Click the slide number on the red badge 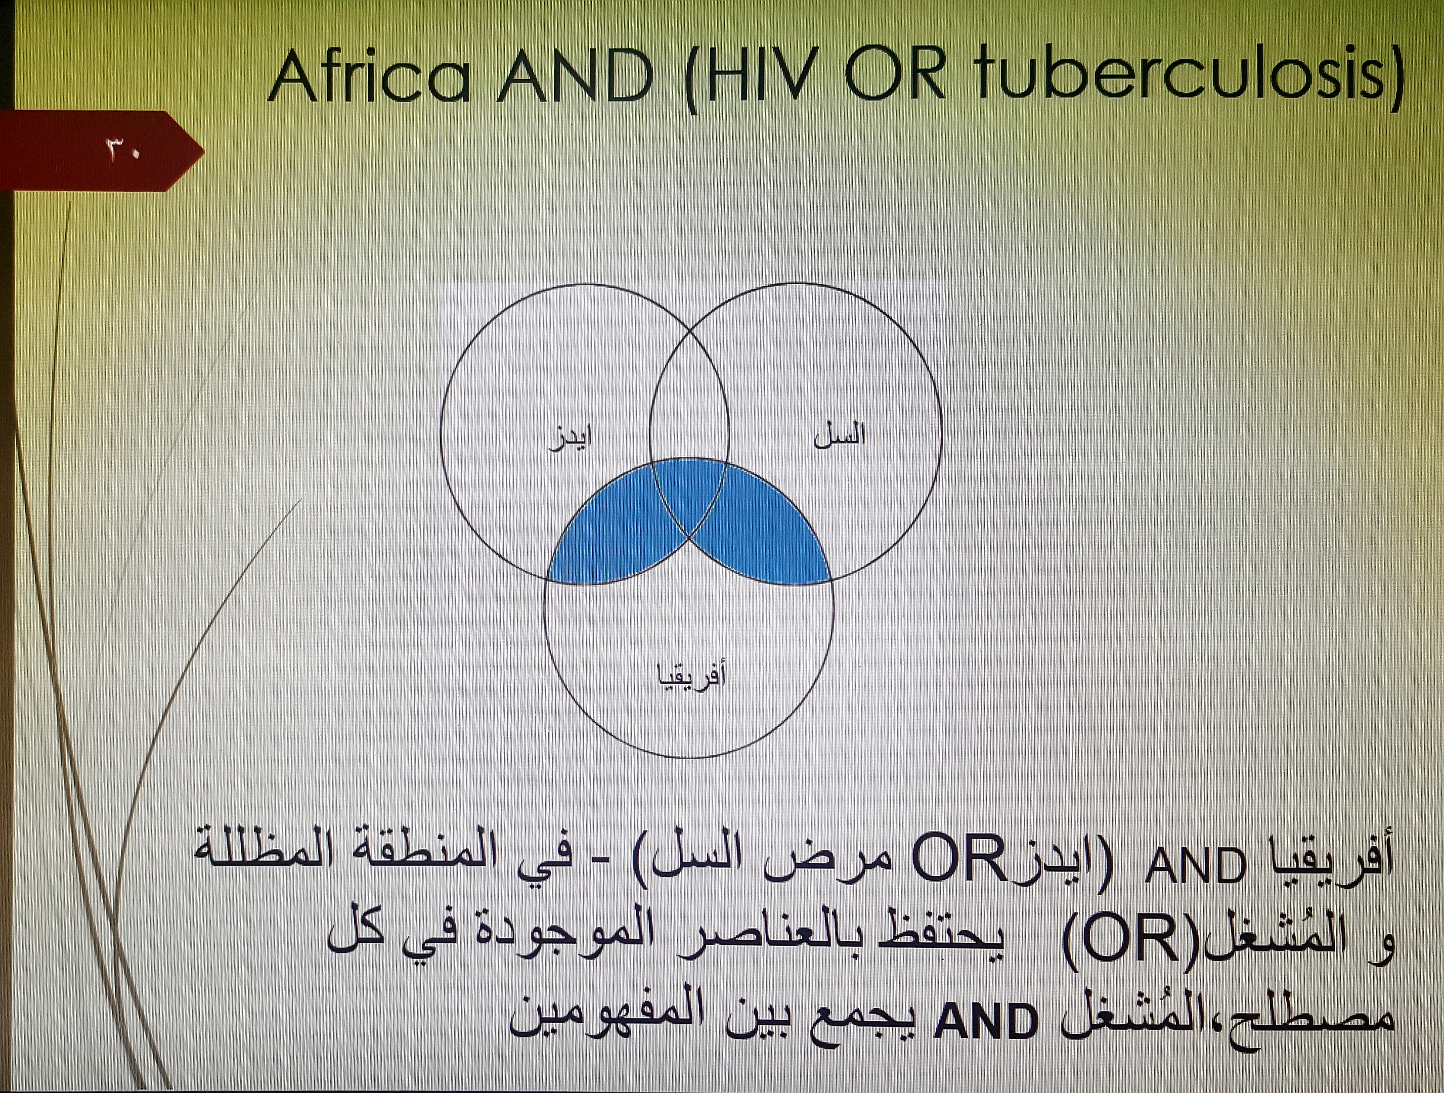(x=122, y=151)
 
